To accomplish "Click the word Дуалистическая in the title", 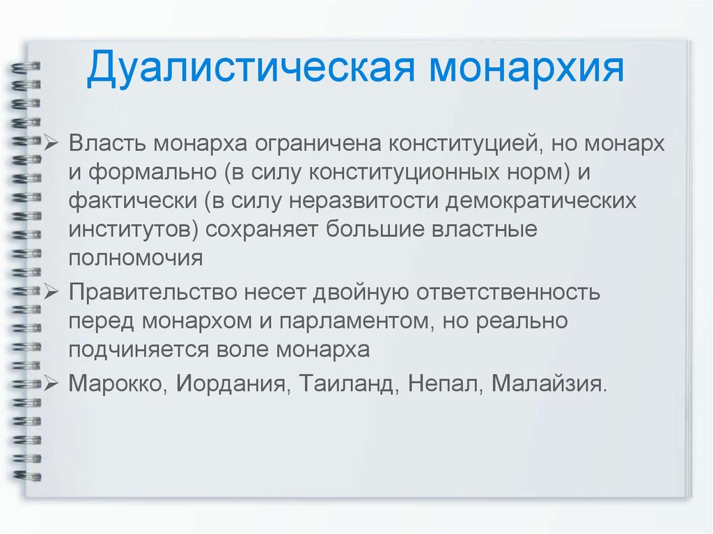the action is tap(251, 69).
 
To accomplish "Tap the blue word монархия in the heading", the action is tap(527, 69).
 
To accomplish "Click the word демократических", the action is tap(540, 201).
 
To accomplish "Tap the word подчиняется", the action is tap(139, 350).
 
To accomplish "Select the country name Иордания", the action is tap(230, 384).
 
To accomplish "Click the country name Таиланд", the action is tap(345, 384).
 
